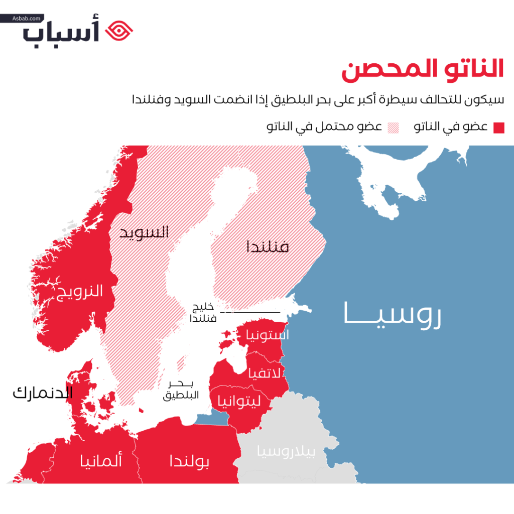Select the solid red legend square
pyautogui.click(x=498, y=127)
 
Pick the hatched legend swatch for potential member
pyautogui.click(x=393, y=127)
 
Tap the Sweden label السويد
pyautogui.click(x=144, y=232)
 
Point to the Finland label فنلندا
pyautogui.click(x=268, y=247)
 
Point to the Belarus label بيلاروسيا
pyautogui.click(x=287, y=452)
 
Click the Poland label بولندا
pyautogui.click(x=189, y=460)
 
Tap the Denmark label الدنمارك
pyautogui.click(x=43, y=393)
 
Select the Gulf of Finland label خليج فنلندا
pyautogui.click(x=205, y=312)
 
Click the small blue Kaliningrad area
pyautogui.click(x=210, y=417)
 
